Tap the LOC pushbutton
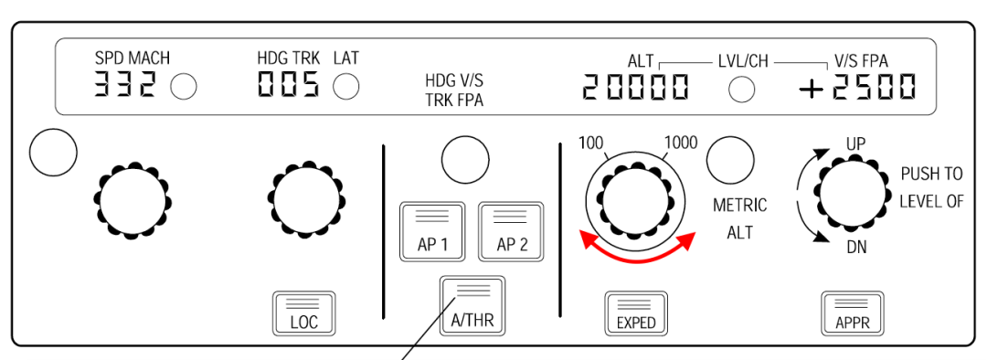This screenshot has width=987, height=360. click(299, 313)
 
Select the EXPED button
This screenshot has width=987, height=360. click(636, 313)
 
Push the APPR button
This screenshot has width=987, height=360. click(851, 313)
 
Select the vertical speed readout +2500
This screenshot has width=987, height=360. click(856, 87)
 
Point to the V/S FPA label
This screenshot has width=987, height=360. click(861, 60)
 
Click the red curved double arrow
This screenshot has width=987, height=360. click(637, 250)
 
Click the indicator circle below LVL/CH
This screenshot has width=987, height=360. click(741, 89)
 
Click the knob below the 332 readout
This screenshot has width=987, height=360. click(133, 194)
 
